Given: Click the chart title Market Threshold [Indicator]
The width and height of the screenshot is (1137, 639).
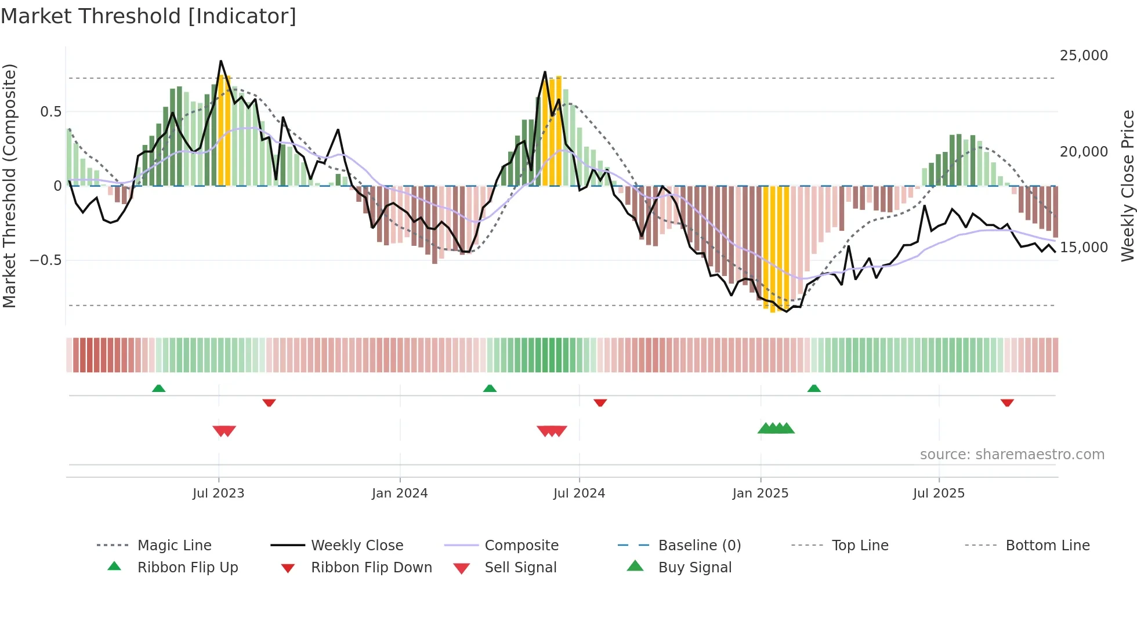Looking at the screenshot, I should pos(149,16).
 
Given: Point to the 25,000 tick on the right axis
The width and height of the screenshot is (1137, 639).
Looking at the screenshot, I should pos(1083,56).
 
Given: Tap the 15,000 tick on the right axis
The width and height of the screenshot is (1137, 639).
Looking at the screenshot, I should pos(1083,248).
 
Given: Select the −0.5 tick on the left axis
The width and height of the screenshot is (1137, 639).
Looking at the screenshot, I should pos(45,260).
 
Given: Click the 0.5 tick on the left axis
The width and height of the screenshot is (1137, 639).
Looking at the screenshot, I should pos(50,112).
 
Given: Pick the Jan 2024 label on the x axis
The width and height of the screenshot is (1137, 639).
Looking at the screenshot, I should pos(399,493).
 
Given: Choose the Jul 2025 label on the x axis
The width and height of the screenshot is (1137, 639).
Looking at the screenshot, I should pos(938,493).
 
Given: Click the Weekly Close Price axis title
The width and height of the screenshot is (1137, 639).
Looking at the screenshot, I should pos(1127,186).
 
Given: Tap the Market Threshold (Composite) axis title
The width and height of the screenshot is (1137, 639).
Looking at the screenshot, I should pos(9,186).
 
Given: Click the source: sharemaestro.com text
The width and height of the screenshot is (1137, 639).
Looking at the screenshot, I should pos(1012,455).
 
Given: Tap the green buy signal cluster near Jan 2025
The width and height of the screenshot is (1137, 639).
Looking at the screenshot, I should pos(776,429).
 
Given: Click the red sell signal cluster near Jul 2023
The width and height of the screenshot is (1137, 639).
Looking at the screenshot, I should pos(224,431).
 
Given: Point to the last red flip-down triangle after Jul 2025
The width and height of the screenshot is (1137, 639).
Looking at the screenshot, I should pos(1007,402).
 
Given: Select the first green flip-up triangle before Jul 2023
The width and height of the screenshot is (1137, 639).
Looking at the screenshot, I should pos(158,388).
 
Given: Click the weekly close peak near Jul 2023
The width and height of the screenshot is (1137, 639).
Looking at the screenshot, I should pos(221,61).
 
